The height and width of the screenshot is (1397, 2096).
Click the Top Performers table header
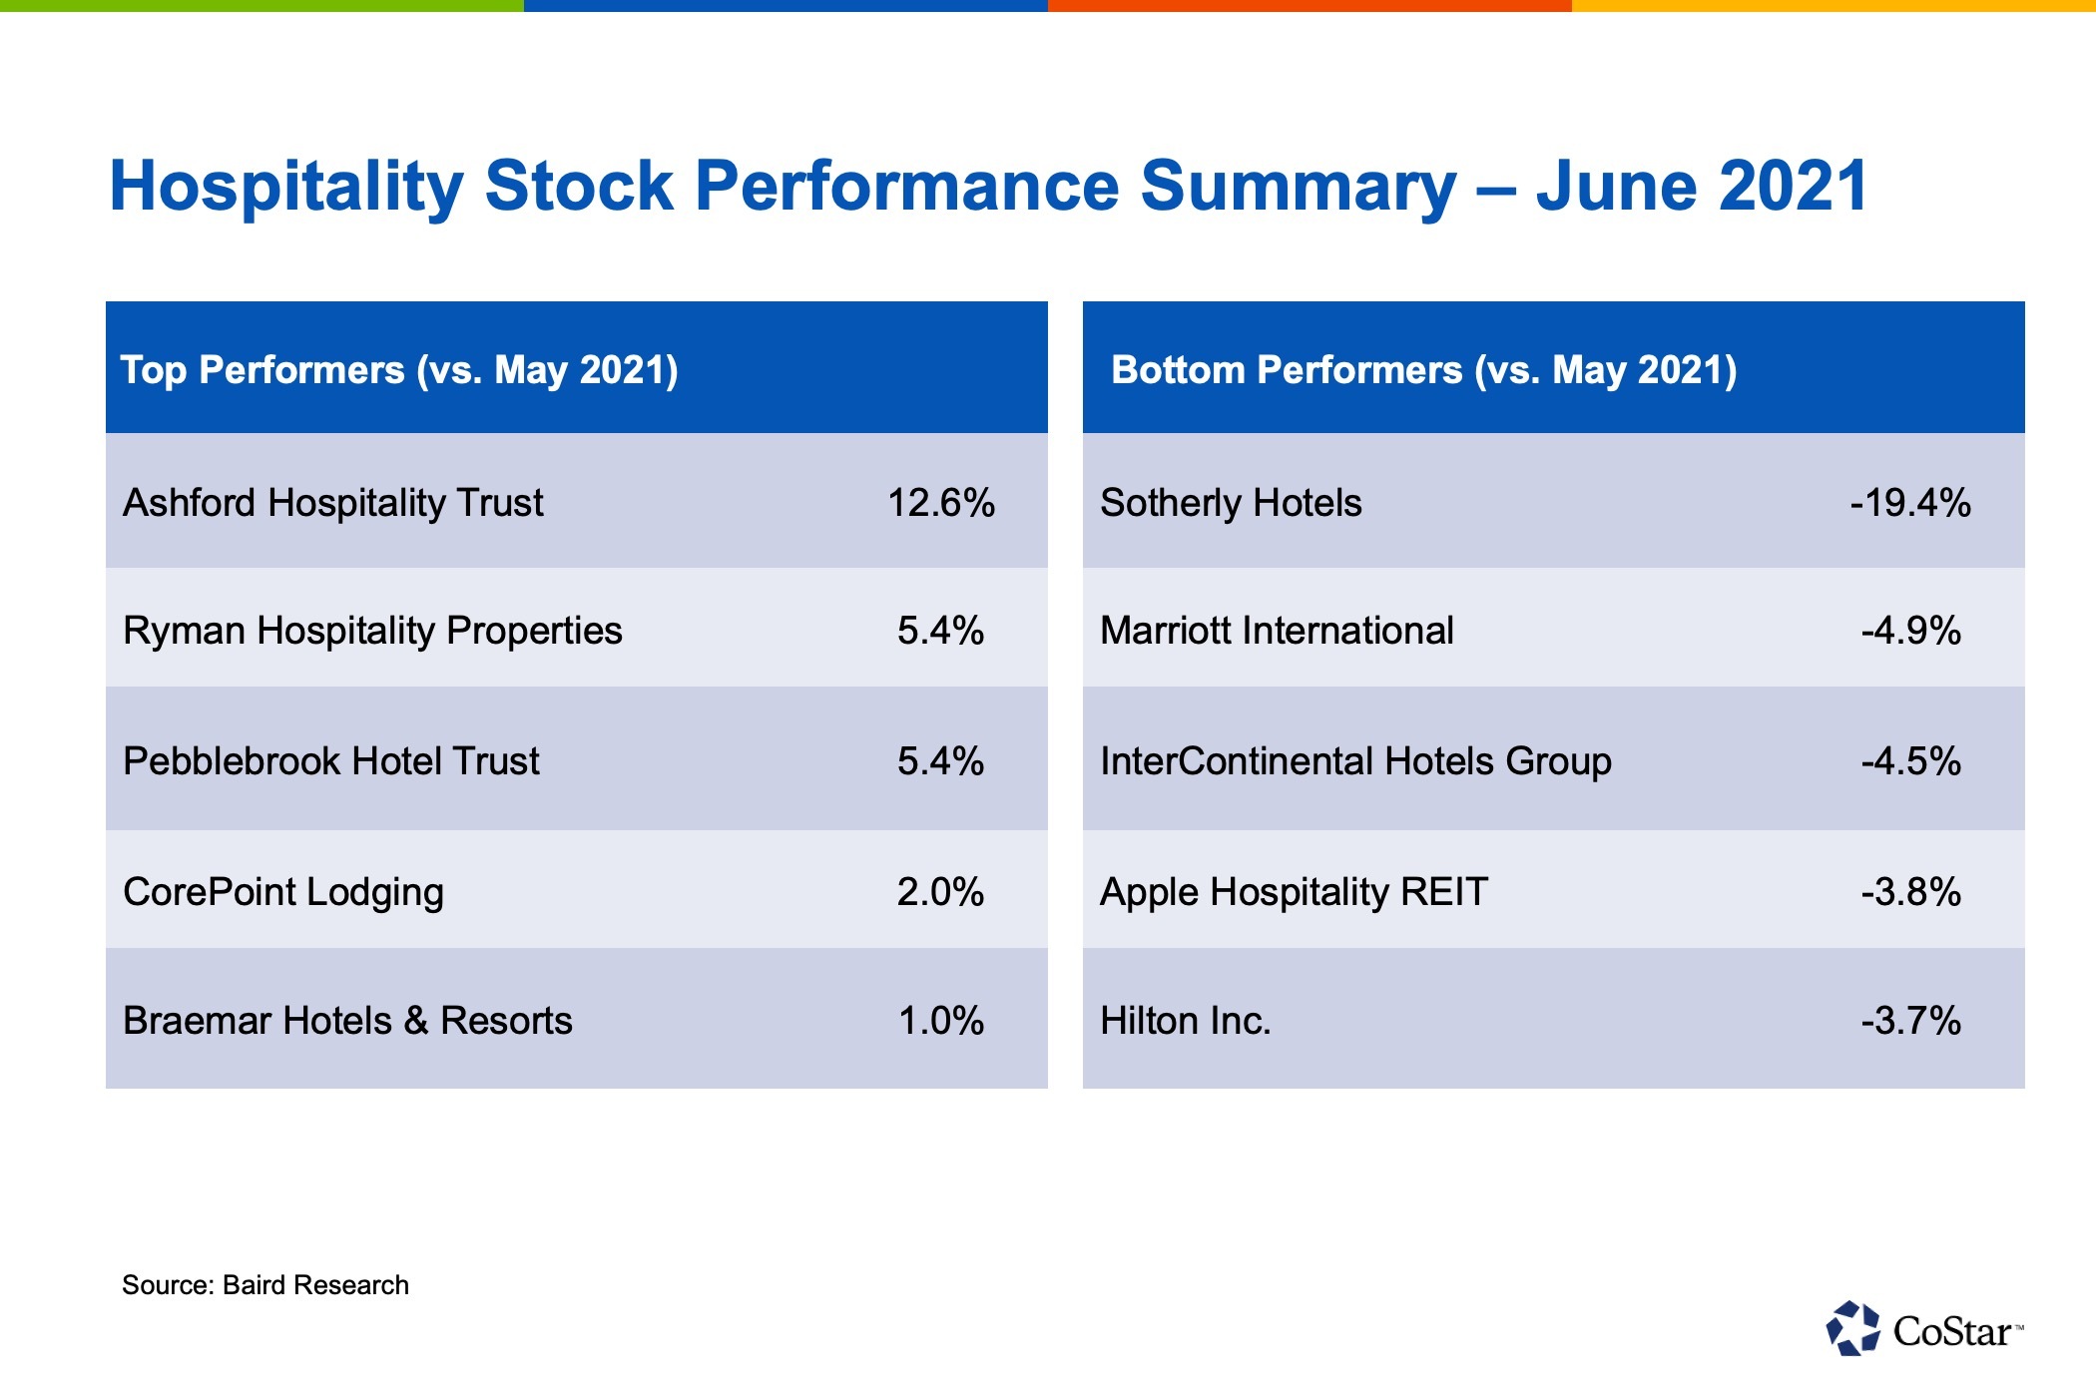(399, 370)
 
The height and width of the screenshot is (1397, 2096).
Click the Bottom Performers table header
(1423, 370)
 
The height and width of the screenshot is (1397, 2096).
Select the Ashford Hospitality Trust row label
(332, 503)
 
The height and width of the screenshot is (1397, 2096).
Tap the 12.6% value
(940, 503)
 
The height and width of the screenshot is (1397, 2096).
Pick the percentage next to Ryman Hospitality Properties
(940, 631)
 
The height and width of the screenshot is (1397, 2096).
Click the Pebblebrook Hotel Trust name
(330, 761)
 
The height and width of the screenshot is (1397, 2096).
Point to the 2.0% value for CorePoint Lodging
(940, 892)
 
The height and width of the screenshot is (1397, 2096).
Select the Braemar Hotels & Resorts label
(347, 1021)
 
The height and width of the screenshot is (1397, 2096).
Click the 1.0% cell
(940, 1021)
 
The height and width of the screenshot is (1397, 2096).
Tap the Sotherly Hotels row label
(1231, 503)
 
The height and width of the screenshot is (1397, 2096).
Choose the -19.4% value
(1910, 503)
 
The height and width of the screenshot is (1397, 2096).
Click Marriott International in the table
(1277, 631)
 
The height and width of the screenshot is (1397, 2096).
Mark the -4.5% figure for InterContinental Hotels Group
(1910, 761)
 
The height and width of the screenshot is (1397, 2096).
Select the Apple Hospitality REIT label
(1294, 892)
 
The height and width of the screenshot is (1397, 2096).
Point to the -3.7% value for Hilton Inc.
(1910, 1021)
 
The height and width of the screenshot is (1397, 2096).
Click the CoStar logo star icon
(1852, 1329)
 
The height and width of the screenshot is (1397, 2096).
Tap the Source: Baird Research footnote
(265, 1285)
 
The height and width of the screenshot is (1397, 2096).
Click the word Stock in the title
(579, 187)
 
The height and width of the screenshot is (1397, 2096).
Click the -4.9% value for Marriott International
(1910, 631)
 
